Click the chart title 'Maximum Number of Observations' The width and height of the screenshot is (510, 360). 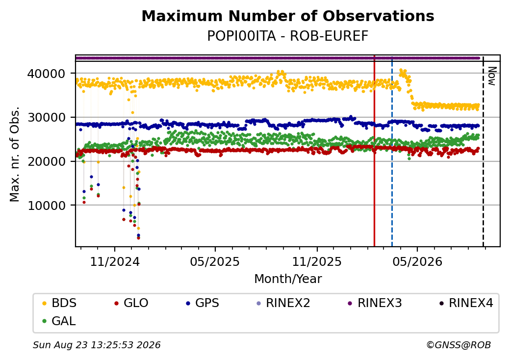pyautogui.click(x=288, y=16)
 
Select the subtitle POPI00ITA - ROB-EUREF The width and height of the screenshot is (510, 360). pyautogui.click(x=288, y=36)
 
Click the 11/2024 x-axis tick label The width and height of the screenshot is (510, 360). pyautogui.click(x=114, y=262)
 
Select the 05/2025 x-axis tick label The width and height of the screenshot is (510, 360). pyautogui.click(x=215, y=262)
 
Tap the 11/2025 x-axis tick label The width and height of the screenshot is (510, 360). pyautogui.click(x=317, y=262)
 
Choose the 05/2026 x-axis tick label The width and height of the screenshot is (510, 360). pyautogui.click(x=418, y=262)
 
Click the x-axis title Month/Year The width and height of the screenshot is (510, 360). pyautogui.click(x=288, y=279)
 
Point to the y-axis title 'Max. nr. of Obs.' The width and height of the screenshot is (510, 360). pyautogui.click(x=15, y=154)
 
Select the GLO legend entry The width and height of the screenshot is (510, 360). pyautogui.click(x=131, y=303)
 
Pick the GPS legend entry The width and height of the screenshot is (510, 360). pyautogui.click(x=203, y=303)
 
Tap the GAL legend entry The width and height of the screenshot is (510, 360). pyautogui.click(x=59, y=321)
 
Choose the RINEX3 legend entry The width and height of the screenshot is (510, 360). pyautogui.click(x=375, y=303)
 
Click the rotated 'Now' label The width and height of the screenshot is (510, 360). pyautogui.click(x=492, y=76)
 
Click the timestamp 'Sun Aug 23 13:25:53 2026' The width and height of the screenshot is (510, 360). pyautogui.click(x=97, y=345)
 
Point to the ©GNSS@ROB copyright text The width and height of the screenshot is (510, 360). pyautogui.click(x=459, y=345)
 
